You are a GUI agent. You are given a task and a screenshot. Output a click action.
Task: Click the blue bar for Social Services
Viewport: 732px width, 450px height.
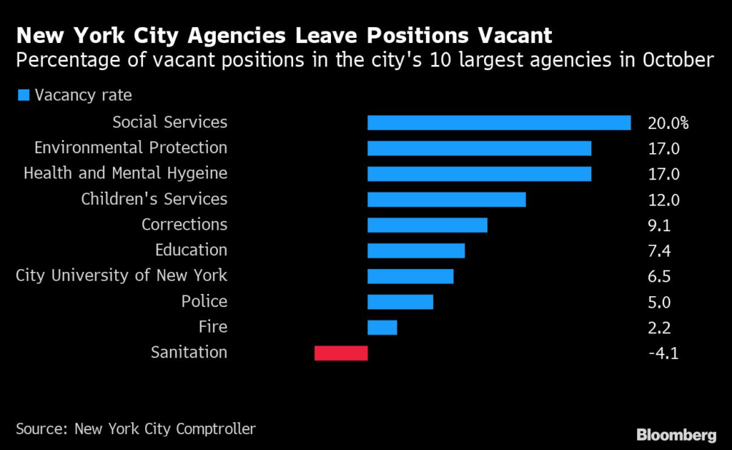click(x=498, y=123)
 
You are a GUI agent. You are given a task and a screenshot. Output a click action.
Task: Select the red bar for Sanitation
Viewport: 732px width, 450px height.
click(x=341, y=353)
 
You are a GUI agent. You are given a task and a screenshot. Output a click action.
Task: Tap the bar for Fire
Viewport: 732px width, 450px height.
click(x=382, y=328)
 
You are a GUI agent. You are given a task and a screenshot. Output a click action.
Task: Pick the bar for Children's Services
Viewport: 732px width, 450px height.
click(x=446, y=200)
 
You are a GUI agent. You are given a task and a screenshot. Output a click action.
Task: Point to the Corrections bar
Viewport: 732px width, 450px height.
click(x=427, y=225)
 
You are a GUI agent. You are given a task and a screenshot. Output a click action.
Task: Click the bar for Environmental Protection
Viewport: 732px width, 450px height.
click(x=479, y=148)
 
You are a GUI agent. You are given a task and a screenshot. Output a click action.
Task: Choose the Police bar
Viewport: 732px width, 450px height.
click(x=400, y=302)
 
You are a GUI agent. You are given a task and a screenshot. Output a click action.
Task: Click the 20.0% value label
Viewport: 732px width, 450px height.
click(x=668, y=123)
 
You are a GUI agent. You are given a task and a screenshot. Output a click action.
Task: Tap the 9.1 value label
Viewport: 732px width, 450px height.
click(x=658, y=225)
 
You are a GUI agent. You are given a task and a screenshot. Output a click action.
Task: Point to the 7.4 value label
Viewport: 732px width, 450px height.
click(x=658, y=251)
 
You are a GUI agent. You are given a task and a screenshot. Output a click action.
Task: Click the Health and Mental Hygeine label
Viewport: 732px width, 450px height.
click(x=125, y=173)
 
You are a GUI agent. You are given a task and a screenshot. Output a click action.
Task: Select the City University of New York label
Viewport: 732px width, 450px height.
click(x=122, y=275)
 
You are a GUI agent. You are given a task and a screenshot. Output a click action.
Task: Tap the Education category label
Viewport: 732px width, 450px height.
click(x=191, y=250)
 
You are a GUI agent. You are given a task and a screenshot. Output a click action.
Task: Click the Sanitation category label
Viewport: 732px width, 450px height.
click(x=189, y=352)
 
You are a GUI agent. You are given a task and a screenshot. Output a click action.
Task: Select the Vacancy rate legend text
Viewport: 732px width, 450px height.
click(x=84, y=94)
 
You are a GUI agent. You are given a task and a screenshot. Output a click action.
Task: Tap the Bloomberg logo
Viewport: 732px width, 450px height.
click(x=676, y=434)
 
